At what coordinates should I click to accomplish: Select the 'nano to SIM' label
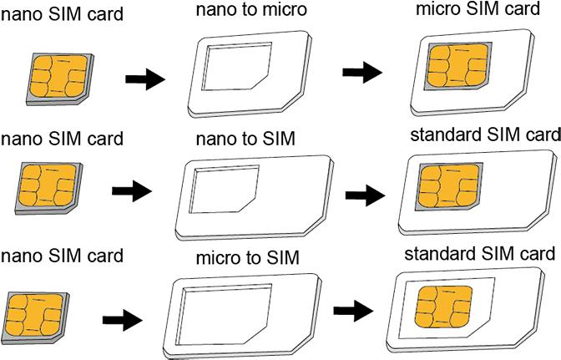tap(245, 138)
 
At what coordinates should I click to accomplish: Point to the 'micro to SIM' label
tap(248, 254)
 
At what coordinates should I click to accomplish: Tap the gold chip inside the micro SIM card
tap(457, 68)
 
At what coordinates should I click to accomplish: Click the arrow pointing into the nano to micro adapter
tap(144, 79)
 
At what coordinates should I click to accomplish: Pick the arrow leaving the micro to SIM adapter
tap(353, 312)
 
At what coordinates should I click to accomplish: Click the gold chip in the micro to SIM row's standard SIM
tap(444, 307)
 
